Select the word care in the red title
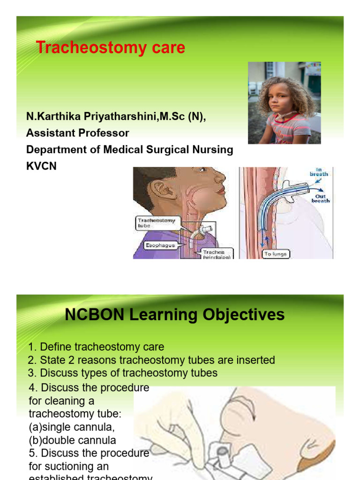tap(167, 47)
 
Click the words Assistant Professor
tap(77, 133)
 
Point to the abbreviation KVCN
tap(41, 166)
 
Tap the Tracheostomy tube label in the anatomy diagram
tap(157, 222)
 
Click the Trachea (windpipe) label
tap(217, 255)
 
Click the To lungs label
tap(276, 254)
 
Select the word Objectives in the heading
tap(244, 315)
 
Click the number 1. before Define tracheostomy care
tap(32, 347)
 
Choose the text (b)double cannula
tap(73, 441)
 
